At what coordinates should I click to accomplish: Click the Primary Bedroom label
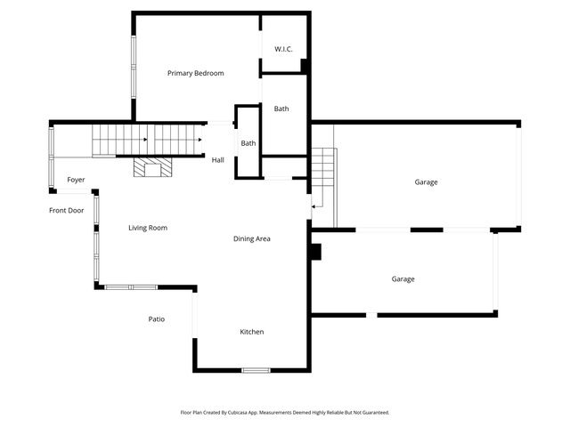pos(195,73)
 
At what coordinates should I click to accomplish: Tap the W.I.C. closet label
pos(283,48)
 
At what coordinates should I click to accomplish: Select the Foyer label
pos(76,180)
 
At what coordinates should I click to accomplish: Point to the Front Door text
pos(66,210)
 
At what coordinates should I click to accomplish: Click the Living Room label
pos(148,228)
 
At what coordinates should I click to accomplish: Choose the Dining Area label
pos(252,238)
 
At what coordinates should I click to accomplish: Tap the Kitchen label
pos(251,332)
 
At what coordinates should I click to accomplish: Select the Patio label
pos(156,318)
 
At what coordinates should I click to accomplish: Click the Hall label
pos(218,160)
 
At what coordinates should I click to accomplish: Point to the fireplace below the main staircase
pos(153,167)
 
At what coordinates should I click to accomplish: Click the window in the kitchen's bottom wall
pos(256,370)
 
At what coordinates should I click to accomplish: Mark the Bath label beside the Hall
pos(248,143)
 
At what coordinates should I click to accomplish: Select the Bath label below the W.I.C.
pos(281,109)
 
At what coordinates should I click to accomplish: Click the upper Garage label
pos(426,182)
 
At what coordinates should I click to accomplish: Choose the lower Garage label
pos(403,279)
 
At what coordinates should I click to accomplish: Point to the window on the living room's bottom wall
pos(131,286)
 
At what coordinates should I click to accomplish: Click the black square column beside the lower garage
pos(314,252)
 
